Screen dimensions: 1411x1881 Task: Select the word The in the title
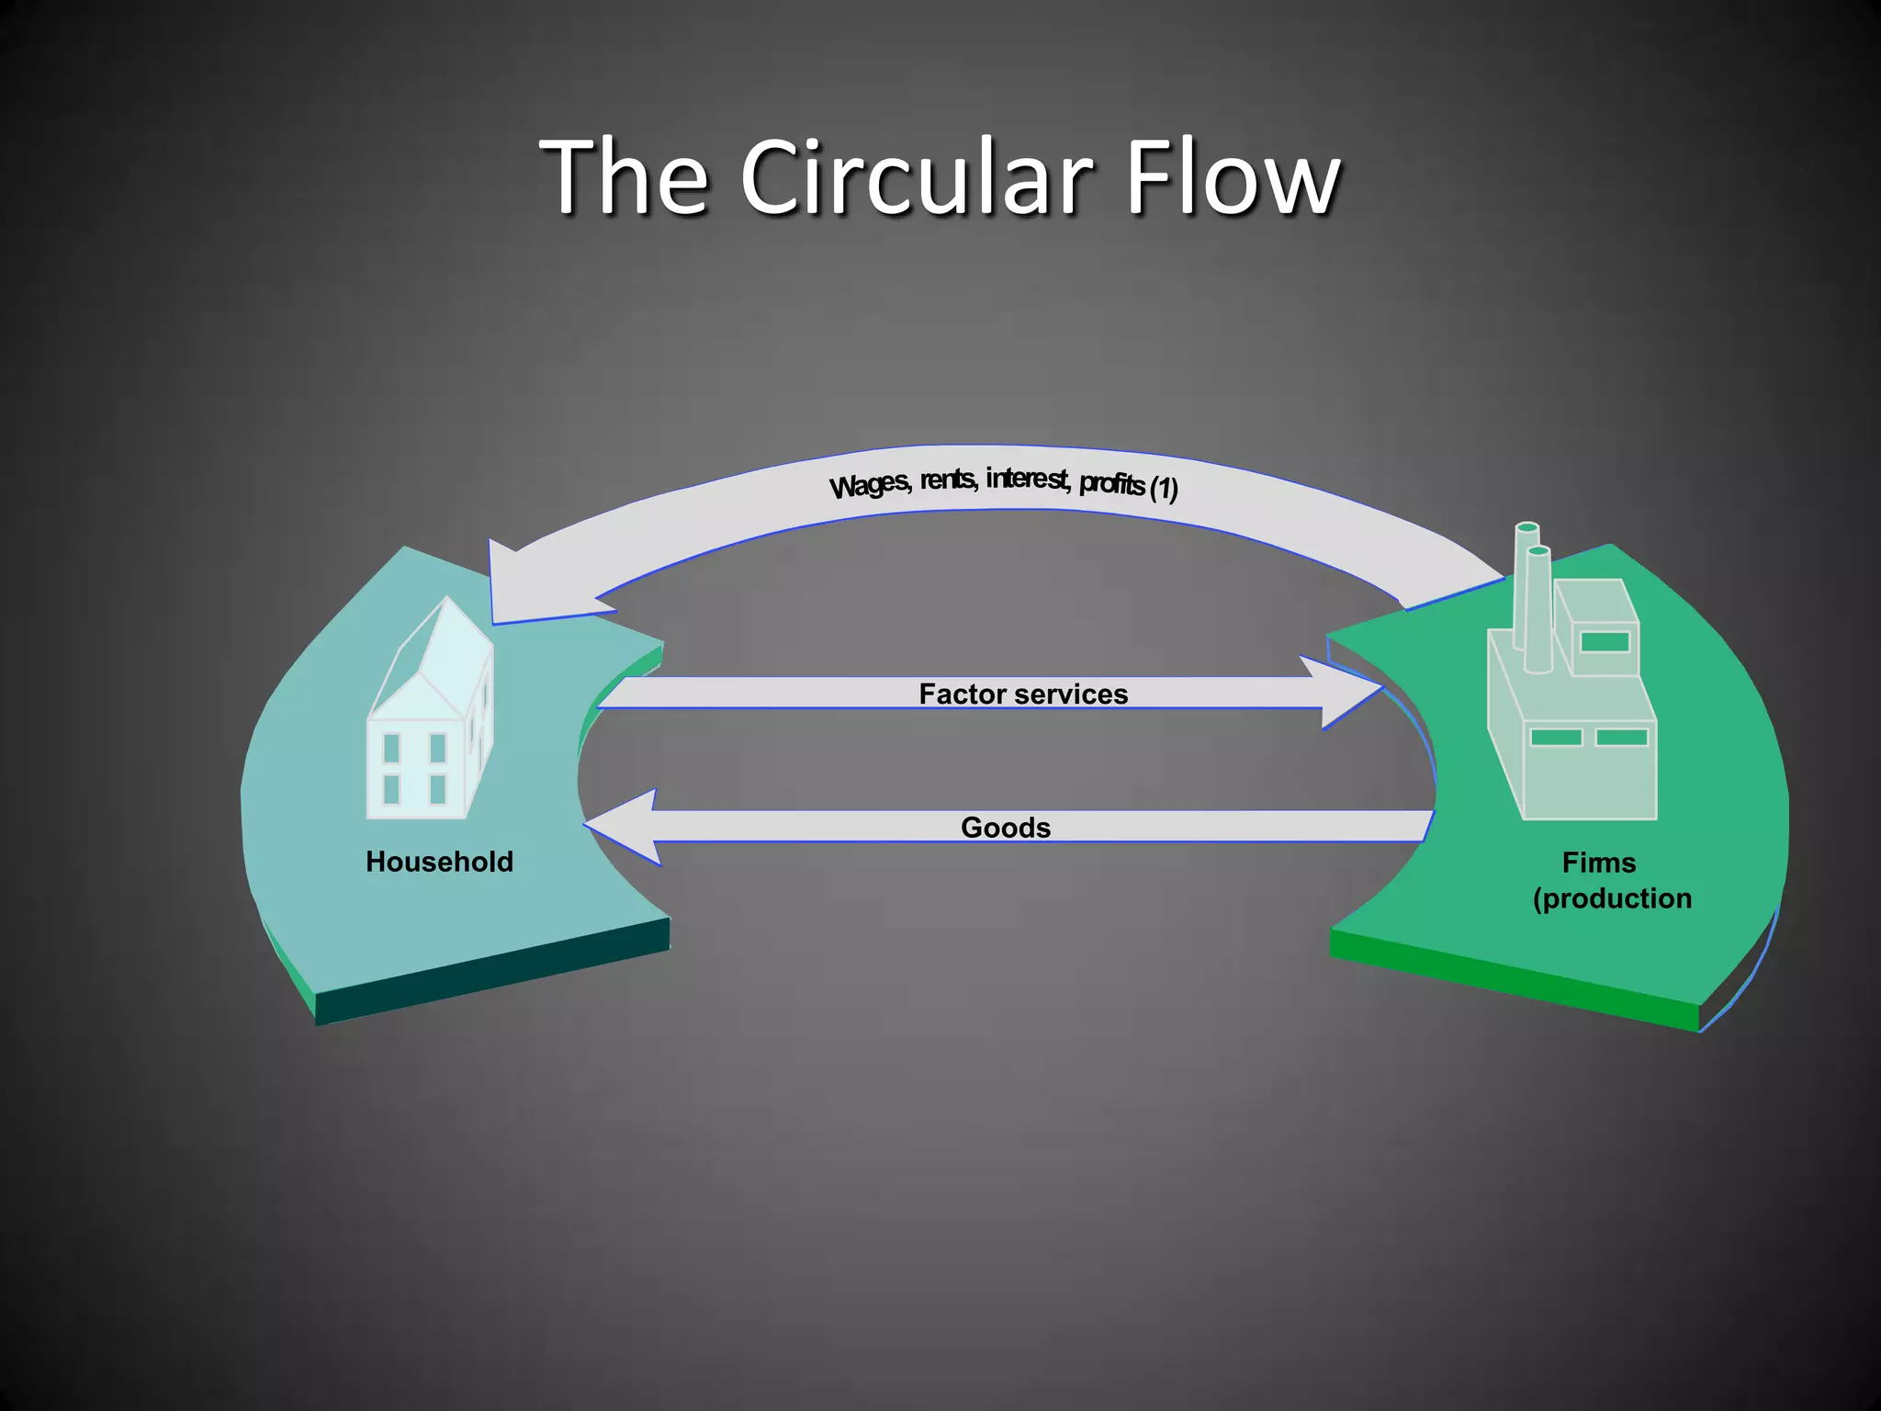point(625,176)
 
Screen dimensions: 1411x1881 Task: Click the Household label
point(439,862)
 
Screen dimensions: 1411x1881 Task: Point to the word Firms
point(1599,863)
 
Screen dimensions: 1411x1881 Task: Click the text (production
point(1612,898)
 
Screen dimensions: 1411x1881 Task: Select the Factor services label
point(1023,694)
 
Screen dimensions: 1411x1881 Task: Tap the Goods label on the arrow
point(1006,828)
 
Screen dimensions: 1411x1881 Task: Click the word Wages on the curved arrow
point(869,484)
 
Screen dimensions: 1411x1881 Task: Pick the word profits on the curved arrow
point(1112,483)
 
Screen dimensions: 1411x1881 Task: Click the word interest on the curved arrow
point(1027,478)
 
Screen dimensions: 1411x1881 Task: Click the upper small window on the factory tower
point(1605,641)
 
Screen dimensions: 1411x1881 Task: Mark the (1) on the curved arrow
point(1164,488)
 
